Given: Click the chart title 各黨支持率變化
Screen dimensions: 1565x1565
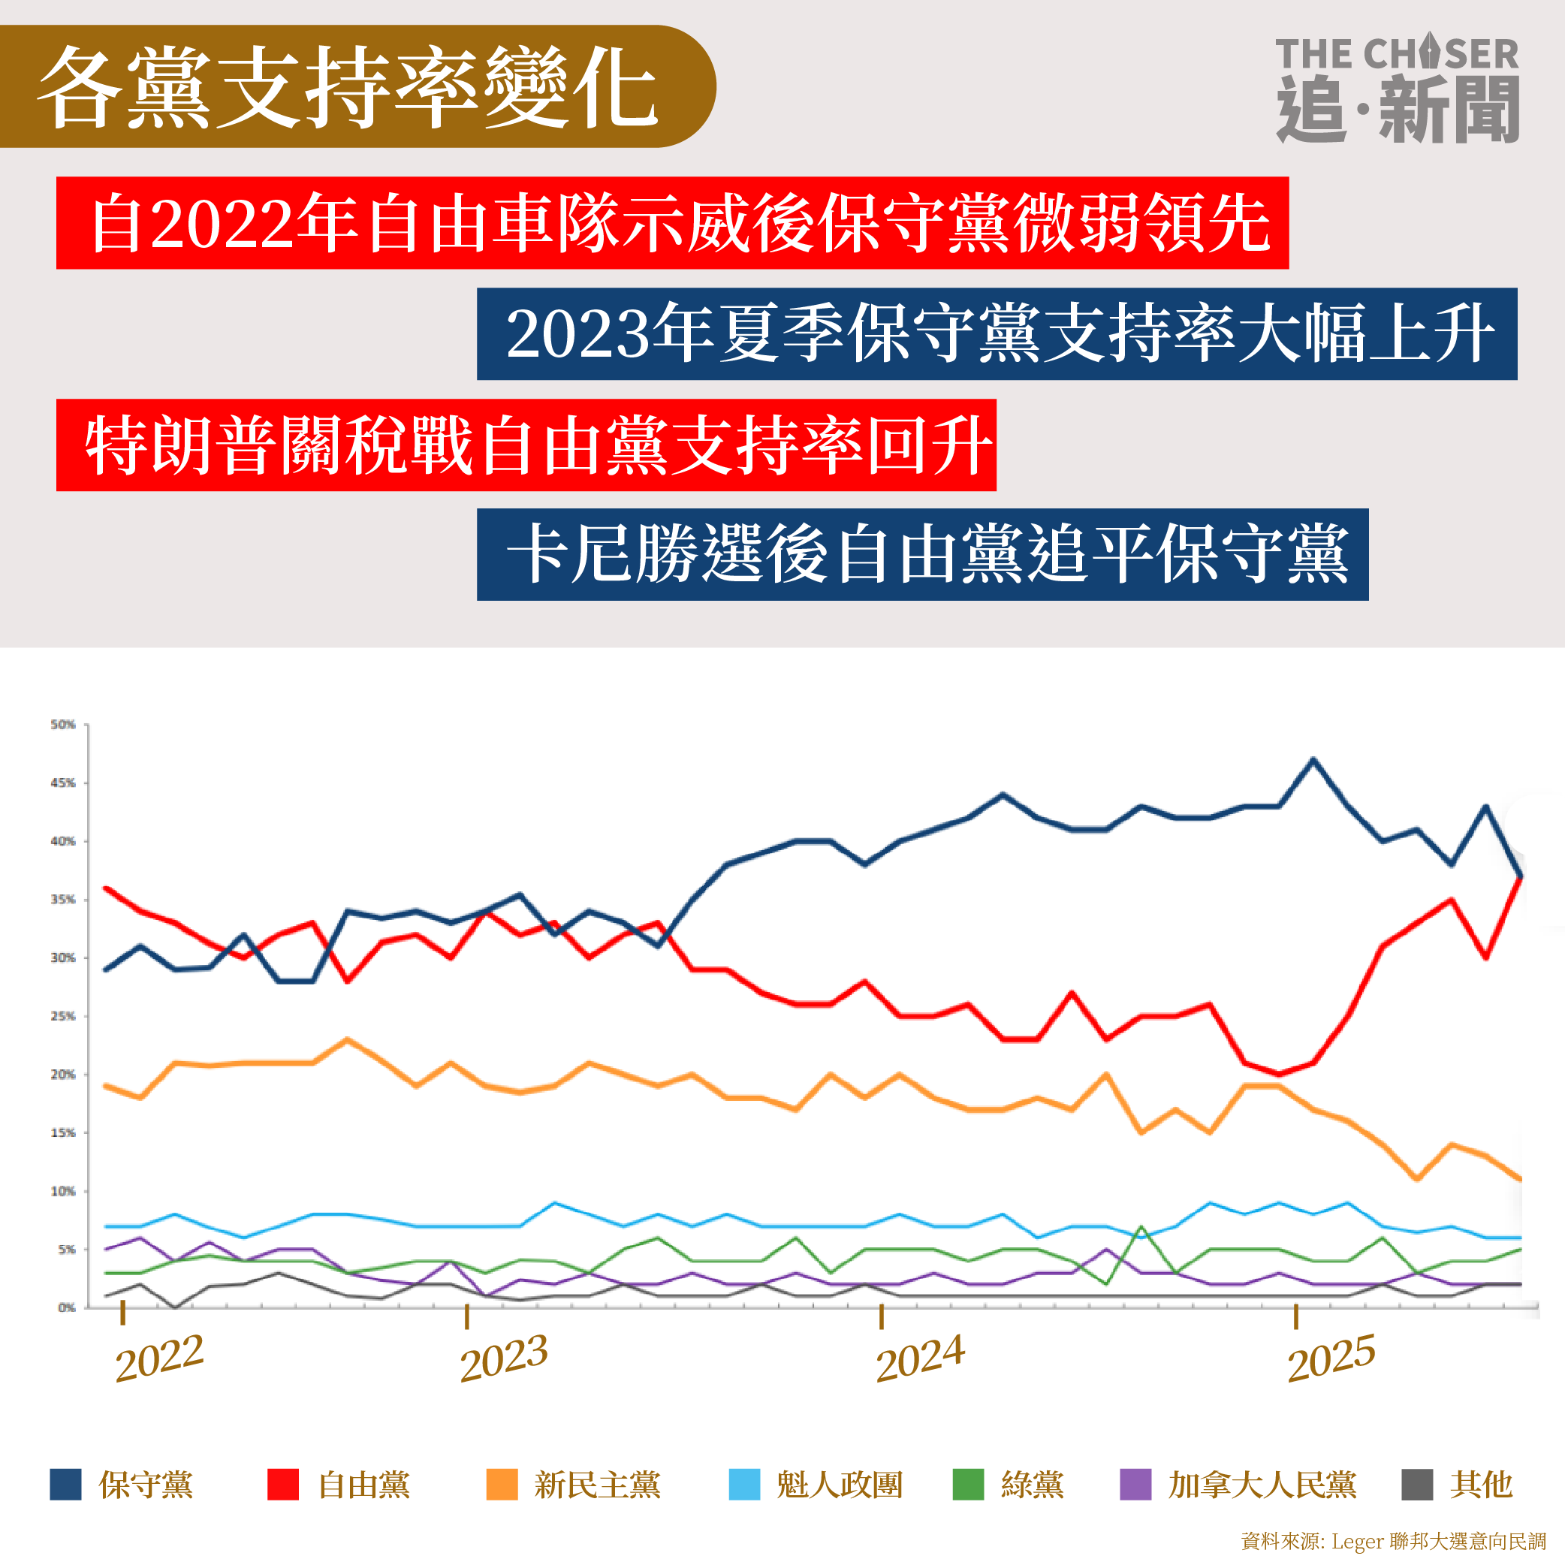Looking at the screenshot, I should [348, 86].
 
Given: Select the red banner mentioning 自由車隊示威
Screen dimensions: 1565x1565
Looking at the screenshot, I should [672, 223].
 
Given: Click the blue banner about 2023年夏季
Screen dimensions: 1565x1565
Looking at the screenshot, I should [997, 333].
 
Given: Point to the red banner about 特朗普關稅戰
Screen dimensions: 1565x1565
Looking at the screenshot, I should [526, 445].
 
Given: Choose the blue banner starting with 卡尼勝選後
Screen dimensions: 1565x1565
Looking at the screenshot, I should [922, 555].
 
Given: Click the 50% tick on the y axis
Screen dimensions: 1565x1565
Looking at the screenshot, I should [63, 724].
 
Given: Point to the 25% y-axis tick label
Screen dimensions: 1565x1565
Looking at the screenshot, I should [63, 1016].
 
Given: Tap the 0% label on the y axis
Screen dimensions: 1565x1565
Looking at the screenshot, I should [66, 1307].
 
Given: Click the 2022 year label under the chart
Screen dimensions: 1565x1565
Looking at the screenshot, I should [158, 1358].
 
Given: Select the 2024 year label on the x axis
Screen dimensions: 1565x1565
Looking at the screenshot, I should [920, 1358].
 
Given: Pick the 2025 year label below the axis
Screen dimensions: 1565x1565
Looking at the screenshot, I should [1331, 1358].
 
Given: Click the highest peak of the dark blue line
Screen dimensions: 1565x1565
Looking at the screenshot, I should [1313, 760].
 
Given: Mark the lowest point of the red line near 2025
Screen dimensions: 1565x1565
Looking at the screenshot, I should [1279, 1075].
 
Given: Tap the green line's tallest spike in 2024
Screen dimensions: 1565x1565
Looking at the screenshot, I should [1141, 1227].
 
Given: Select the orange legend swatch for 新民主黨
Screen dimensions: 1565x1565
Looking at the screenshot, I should [502, 1485].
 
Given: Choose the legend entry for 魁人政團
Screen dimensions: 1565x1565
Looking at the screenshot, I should [816, 1485].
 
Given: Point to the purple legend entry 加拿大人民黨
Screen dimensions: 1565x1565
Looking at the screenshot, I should [1238, 1485].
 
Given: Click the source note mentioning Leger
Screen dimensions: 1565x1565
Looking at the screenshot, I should [1393, 1542].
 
